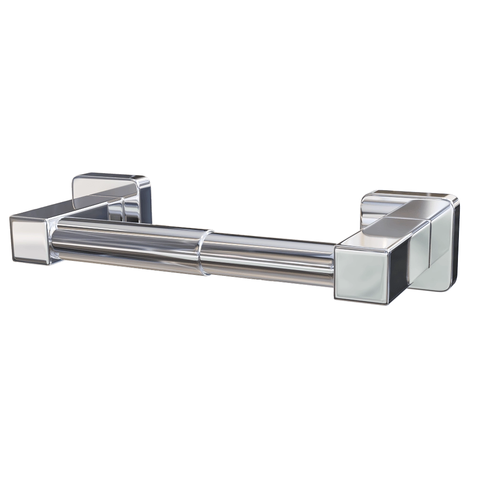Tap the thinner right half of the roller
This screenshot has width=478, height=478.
tap(268, 258)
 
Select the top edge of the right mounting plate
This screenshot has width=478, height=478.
tap(411, 193)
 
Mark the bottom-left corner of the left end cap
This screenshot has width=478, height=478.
tap(13, 258)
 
